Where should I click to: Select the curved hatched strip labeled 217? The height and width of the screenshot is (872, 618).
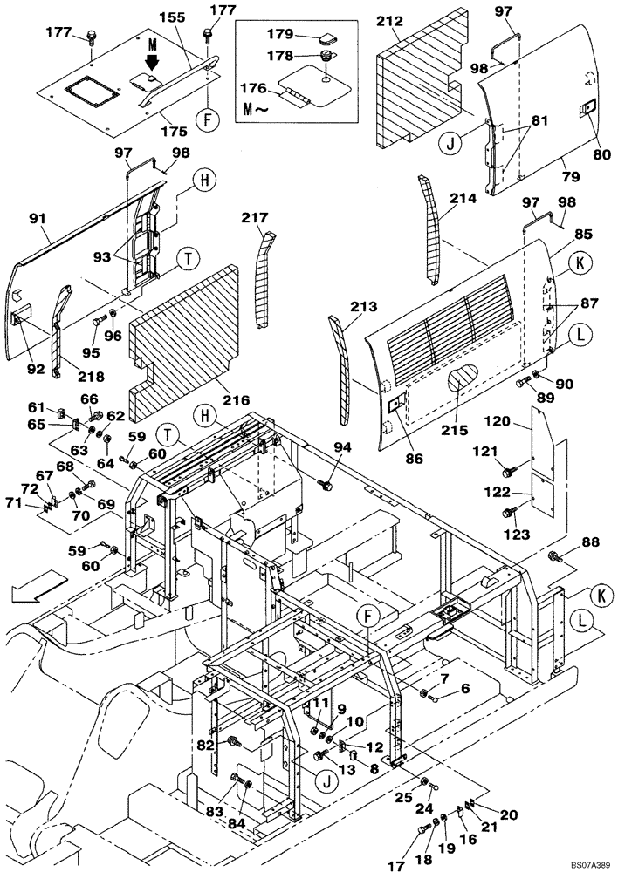[264, 279]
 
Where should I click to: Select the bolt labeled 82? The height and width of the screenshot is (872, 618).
[233, 741]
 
